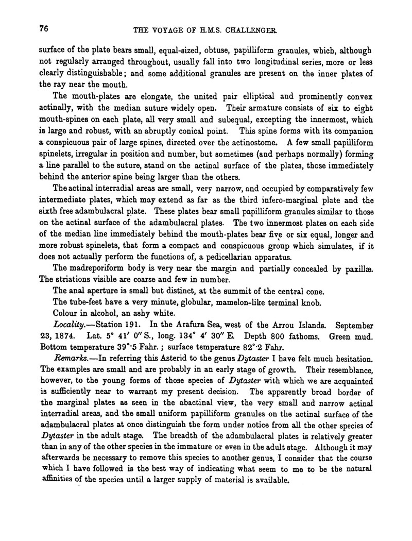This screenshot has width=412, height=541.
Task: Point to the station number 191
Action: click(x=127, y=325)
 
